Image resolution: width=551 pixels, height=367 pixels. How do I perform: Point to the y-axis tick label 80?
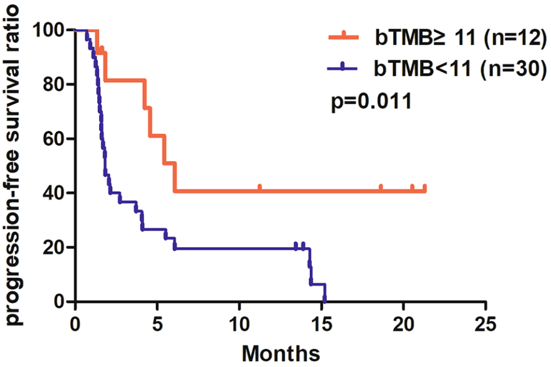55,84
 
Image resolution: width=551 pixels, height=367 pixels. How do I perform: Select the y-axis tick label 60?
55,139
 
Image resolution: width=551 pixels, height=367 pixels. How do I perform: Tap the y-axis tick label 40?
55,193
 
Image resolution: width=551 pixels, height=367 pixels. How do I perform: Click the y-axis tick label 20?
55,247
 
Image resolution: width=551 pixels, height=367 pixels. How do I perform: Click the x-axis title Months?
280,353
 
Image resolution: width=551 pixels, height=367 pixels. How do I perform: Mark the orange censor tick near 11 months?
259,188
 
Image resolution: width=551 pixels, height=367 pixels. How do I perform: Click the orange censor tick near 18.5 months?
381,188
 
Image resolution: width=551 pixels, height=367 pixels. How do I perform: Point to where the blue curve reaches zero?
324,301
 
